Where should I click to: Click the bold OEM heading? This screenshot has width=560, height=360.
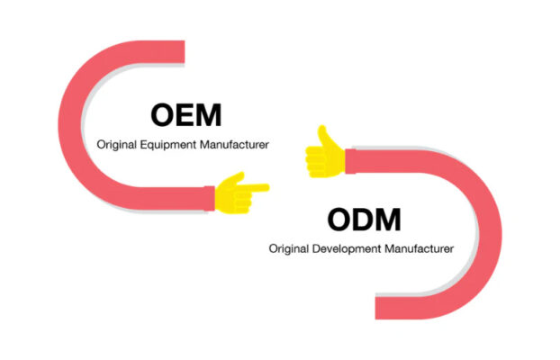tap(185, 115)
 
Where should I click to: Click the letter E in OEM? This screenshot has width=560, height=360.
tap(185, 115)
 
